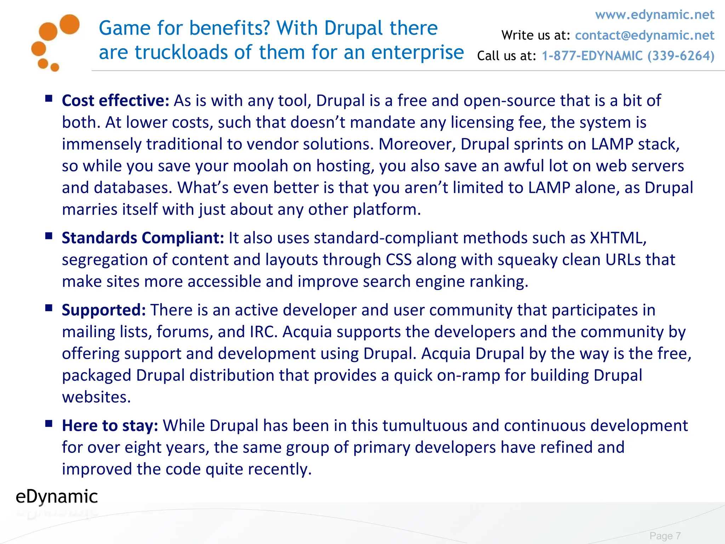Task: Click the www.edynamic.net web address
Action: coord(655,15)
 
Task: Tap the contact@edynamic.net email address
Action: coord(644,35)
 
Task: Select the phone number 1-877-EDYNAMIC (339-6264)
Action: coord(628,56)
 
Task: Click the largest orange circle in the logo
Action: coord(69,24)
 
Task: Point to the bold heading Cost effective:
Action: coord(116,101)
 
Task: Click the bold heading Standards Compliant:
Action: coord(143,238)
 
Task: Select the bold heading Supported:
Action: coord(104,310)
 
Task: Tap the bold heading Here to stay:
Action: coord(110,426)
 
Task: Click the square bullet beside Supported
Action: coord(49,308)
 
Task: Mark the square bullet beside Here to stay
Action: coord(49,423)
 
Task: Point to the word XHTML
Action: coord(617,238)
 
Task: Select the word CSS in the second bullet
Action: coord(399,260)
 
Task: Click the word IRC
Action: coord(263,332)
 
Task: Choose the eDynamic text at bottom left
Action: coord(57,497)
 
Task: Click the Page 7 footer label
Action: coord(665,535)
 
